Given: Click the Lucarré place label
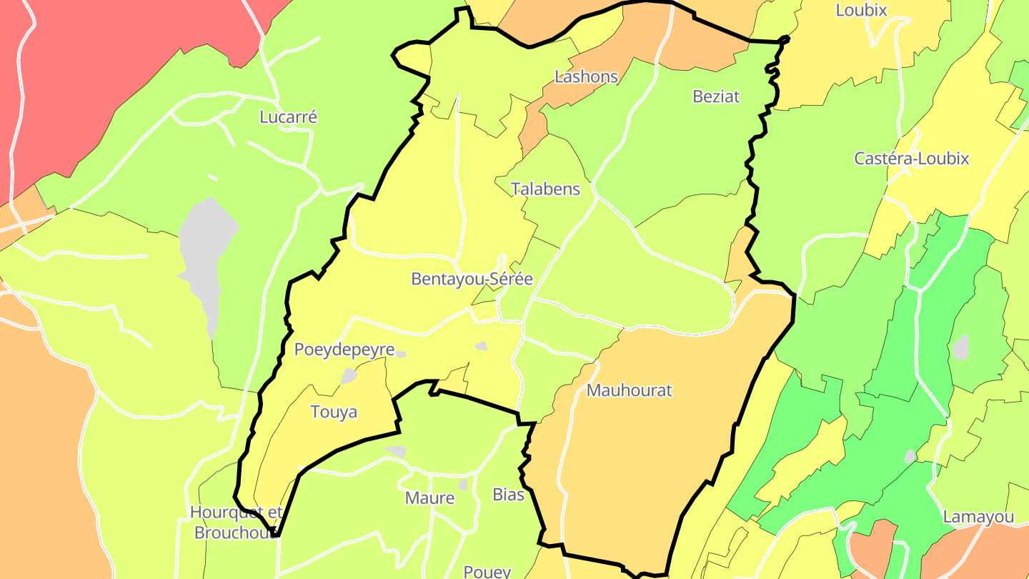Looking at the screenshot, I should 288,117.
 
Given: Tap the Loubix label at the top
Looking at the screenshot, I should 861,10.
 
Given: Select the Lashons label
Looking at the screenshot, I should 586,76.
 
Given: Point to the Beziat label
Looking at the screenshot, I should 716,96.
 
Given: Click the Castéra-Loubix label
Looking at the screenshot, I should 911,158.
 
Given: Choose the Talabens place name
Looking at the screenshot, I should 545,189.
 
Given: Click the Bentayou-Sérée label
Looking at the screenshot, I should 472,279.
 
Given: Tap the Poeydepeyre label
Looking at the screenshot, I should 344,350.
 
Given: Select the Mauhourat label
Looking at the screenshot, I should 629,390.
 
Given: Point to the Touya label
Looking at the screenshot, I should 334,412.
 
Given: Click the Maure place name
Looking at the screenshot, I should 429,498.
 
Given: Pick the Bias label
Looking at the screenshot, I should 508,494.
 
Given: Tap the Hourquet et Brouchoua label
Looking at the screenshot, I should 237,523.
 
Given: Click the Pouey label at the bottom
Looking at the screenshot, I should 487,571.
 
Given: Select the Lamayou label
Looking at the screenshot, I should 978,517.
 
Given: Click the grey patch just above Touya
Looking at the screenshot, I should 349,376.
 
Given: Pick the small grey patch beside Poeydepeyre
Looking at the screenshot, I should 402,354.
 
